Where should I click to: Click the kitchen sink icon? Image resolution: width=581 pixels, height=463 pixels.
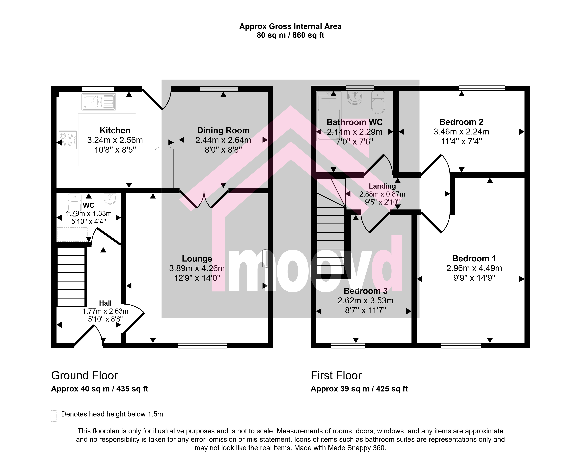(99, 102)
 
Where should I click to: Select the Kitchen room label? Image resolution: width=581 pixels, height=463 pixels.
(115, 131)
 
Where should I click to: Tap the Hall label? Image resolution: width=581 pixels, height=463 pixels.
(105, 303)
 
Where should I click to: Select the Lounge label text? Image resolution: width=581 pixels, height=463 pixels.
(197, 259)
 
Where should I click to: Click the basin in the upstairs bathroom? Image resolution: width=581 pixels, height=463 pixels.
(355, 98)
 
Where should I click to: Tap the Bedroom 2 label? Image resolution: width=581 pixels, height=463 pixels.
(461, 122)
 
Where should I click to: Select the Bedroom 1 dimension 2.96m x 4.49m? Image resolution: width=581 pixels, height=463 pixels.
(474, 268)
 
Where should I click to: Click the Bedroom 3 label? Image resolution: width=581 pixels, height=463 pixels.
(366, 291)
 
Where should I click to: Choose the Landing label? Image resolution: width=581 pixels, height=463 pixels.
(382, 186)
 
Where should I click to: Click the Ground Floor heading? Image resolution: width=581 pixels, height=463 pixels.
(84, 375)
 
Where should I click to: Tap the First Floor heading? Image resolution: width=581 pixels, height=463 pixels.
(336, 375)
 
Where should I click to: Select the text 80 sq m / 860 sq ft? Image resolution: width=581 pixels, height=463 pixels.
(290, 35)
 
